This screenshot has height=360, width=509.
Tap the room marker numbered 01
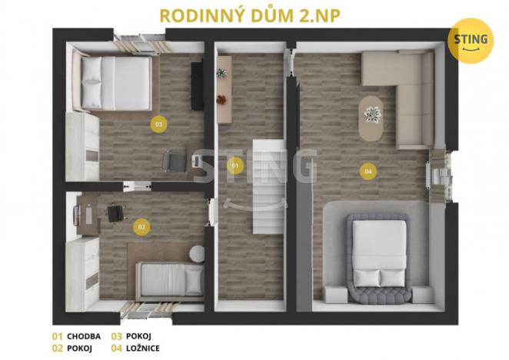pyautogui.click(x=235, y=165)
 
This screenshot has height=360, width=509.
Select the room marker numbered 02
pyautogui.click(x=141, y=227)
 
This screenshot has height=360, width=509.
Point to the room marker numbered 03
pyautogui.click(x=159, y=123)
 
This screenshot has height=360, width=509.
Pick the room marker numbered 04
pyautogui.click(x=368, y=171)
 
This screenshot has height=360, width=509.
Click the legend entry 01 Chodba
pyautogui.click(x=76, y=336)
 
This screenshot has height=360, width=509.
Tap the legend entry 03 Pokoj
pyautogui.click(x=132, y=336)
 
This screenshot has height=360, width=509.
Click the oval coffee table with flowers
pyautogui.click(x=372, y=117)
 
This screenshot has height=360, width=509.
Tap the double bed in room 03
pyautogui.click(x=114, y=82)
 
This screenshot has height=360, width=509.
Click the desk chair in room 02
pyautogui.click(x=117, y=212)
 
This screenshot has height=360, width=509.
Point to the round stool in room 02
pyautogui.click(x=197, y=253)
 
